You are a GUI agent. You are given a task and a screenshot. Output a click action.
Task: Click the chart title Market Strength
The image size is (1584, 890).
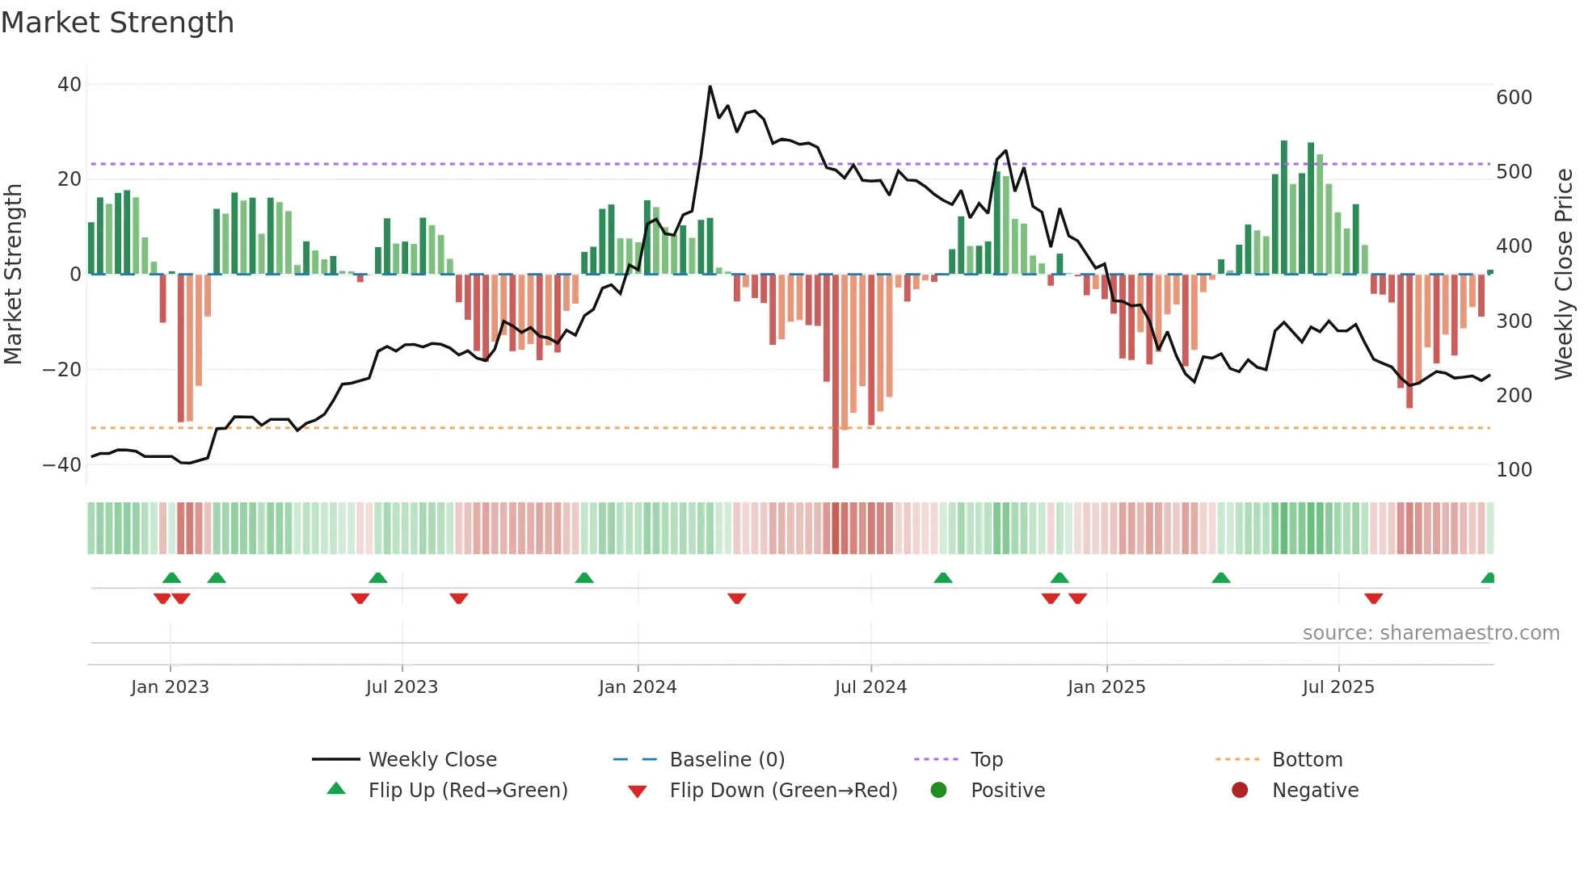(117, 23)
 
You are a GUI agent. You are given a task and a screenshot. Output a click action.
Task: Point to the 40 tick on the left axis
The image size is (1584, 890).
(70, 85)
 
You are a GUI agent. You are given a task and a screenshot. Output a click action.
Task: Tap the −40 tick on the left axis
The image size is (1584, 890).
(62, 465)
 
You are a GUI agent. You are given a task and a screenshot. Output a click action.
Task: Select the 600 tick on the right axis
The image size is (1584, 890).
(1514, 98)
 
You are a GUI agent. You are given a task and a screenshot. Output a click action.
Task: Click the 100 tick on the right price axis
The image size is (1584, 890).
(1514, 470)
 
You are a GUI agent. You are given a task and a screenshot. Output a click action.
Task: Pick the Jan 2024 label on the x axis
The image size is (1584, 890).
(638, 687)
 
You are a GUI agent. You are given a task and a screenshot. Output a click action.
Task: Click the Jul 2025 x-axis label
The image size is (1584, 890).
(1338, 687)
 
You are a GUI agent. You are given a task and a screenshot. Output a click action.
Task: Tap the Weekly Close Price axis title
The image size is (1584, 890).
(1564, 275)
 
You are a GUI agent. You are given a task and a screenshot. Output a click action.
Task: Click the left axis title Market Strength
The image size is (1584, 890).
(13, 275)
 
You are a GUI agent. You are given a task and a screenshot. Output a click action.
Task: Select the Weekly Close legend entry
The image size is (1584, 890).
(432, 760)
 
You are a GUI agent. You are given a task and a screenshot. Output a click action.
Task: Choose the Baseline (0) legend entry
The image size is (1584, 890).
(727, 760)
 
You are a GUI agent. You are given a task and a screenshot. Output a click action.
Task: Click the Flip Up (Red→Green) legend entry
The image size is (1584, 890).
(467, 791)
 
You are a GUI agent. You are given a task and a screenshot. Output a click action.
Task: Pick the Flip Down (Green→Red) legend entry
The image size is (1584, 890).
(782, 791)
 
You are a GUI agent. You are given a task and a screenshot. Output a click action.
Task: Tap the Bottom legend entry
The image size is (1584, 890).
(1307, 760)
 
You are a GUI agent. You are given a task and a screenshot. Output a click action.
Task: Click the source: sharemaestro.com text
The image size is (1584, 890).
(1430, 633)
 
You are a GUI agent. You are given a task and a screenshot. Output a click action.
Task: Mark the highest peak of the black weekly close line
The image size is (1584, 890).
(710, 87)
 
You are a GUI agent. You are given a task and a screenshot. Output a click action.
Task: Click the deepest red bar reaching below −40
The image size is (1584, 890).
(836, 372)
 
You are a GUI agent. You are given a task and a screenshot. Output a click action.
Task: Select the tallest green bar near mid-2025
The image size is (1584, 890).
(1283, 208)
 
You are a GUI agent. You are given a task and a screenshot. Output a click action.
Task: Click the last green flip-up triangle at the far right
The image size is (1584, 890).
(1489, 578)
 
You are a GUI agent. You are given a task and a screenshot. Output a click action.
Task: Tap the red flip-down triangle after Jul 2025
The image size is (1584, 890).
(1373, 598)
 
